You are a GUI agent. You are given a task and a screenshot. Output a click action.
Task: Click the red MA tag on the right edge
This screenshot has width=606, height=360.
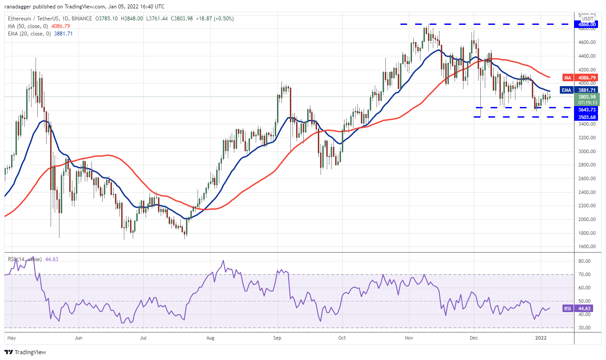567,78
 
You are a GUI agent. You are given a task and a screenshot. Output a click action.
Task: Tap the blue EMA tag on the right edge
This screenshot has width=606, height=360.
566,90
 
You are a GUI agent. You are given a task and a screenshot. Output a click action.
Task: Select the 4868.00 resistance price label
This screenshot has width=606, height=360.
588,24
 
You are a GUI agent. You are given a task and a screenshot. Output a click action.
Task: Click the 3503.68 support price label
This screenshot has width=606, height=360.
588,117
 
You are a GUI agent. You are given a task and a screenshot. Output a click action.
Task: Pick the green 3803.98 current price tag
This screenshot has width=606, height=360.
588,97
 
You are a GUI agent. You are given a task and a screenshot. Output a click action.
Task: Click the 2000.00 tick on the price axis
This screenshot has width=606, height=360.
587,219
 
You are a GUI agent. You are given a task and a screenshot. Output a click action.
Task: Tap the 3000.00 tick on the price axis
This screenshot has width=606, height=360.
587,151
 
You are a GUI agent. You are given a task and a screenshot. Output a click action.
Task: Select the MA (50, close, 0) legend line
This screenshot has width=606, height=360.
31,25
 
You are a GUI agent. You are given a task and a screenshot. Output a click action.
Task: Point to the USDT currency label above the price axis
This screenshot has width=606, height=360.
587,19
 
